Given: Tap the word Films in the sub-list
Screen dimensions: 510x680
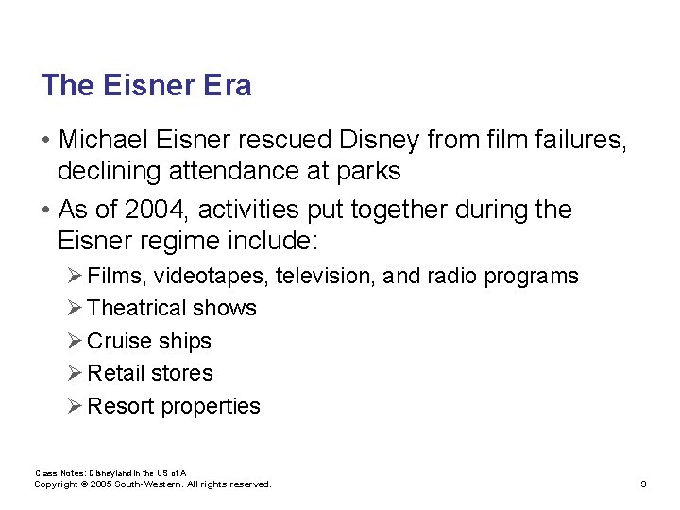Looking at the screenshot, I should point(115,277).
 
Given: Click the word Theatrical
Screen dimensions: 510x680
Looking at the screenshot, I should point(136,309).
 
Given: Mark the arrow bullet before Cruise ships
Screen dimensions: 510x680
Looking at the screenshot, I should point(76,341).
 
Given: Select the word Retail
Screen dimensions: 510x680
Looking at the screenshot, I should point(116,373).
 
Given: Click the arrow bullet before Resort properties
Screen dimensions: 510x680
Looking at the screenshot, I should point(76,406).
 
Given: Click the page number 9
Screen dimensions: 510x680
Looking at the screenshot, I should point(643,484).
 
